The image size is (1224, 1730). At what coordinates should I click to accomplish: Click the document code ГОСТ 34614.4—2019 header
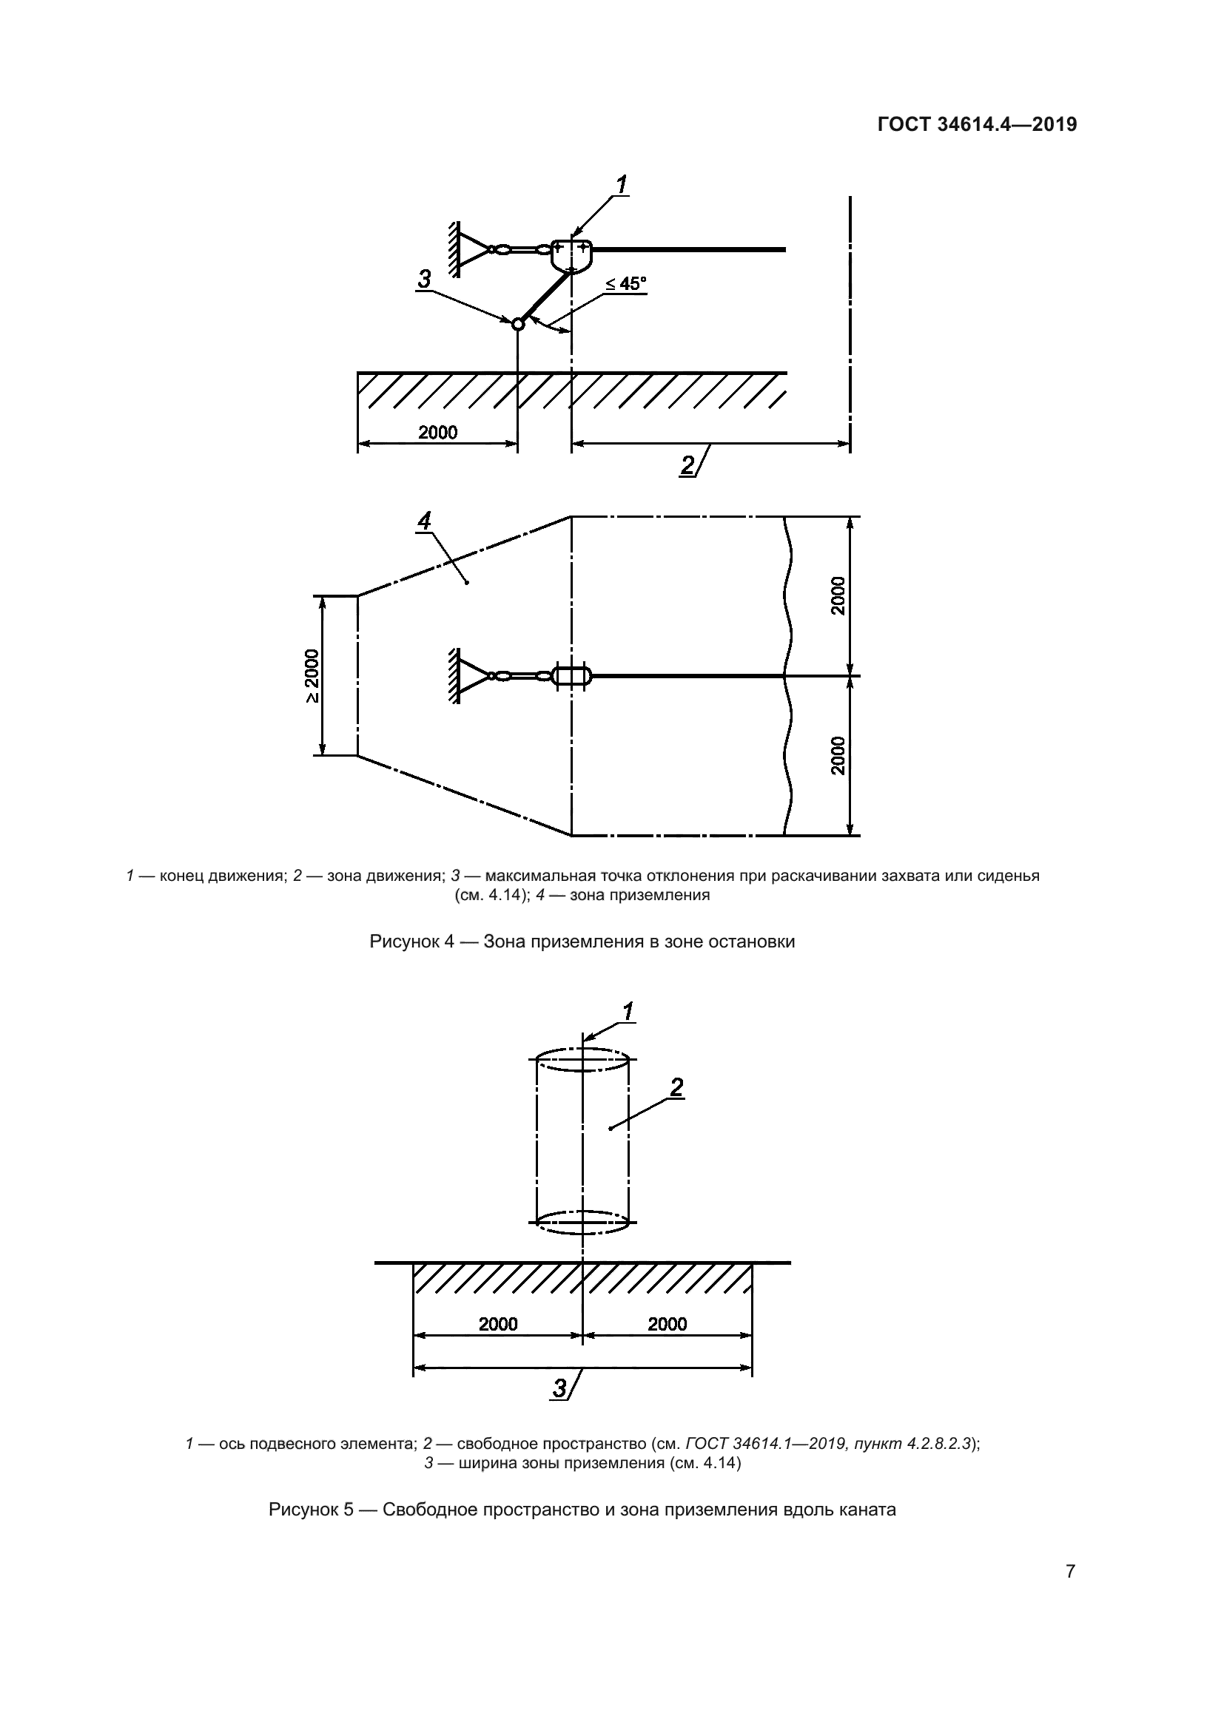[x=977, y=124]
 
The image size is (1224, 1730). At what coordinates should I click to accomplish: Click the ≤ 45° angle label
[x=625, y=284]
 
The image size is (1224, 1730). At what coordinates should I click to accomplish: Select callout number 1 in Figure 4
[x=622, y=185]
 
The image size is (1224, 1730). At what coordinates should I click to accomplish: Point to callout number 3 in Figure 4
[x=424, y=280]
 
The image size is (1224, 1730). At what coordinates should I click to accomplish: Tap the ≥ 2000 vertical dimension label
[x=312, y=676]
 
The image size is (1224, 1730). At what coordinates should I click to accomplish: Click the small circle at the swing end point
[x=517, y=324]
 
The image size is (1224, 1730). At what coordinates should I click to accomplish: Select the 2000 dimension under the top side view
[x=438, y=433]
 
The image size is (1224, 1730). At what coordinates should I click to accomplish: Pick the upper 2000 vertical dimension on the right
[x=838, y=596]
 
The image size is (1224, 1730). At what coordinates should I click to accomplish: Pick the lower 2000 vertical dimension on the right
[x=838, y=756]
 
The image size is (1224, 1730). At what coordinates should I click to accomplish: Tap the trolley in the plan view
[x=573, y=676]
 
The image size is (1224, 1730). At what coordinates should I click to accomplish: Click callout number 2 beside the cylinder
[x=676, y=1087]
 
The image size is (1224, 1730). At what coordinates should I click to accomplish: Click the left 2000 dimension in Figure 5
[x=498, y=1324]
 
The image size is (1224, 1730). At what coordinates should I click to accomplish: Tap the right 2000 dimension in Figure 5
[x=667, y=1324]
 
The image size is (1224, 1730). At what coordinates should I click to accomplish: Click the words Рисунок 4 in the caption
[x=411, y=942]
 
